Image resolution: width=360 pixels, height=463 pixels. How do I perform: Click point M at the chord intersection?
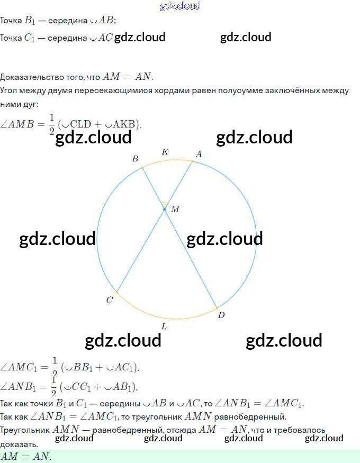pos(165,210)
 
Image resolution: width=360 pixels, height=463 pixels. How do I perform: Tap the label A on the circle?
pos(199,154)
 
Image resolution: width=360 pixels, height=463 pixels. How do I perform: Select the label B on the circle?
pos(135,159)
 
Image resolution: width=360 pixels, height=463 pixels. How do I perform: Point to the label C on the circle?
pos(109,300)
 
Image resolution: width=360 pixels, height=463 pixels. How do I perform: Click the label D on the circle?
pos(221,315)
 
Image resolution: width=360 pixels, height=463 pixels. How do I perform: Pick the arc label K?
pos(165,152)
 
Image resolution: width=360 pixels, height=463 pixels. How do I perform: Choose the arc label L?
pos(164,326)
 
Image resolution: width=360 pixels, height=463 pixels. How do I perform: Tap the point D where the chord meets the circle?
pos(217,307)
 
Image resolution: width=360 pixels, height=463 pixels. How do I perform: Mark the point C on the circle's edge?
pos(116,292)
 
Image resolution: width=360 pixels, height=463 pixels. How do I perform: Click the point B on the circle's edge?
pos(142,168)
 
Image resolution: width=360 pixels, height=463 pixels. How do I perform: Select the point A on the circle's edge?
pos(193,161)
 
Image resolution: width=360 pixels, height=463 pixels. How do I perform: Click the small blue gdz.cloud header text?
pos(180,6)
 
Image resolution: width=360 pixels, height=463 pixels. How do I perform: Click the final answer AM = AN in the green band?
pos(26,456)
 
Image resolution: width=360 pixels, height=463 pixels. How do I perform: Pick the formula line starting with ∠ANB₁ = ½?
pos(69,386)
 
